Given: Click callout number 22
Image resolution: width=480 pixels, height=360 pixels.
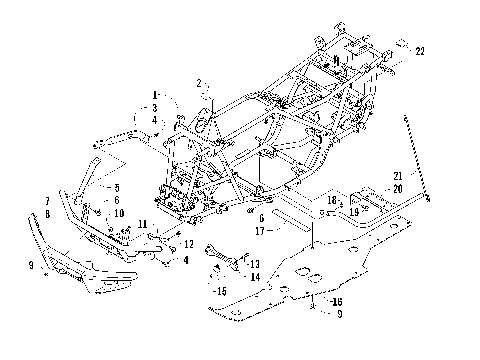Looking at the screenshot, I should (x=420, y=51).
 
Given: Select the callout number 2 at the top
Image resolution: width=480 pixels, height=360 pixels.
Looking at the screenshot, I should (x=200, y=83).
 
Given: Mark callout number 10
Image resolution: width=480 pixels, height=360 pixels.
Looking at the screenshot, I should (x=118, y=213).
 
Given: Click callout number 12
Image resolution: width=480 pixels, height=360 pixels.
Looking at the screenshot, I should (x=188, y=243).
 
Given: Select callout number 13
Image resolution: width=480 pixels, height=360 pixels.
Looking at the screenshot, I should (x=255, y=263).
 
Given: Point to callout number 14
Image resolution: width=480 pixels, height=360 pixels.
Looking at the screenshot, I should (x=255, y=276).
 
